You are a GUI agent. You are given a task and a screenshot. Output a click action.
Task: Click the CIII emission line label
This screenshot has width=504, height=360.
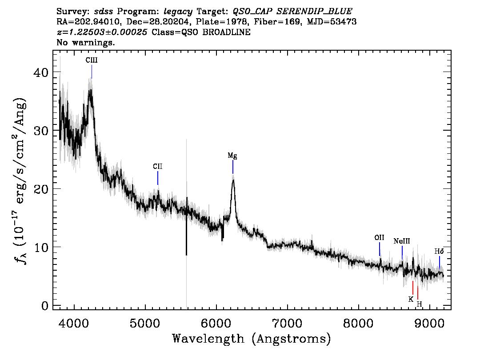click(92, 60)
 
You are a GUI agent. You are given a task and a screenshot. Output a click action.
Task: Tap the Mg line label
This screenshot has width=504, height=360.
click(232, 156)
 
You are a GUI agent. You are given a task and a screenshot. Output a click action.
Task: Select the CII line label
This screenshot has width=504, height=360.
click(157, 167)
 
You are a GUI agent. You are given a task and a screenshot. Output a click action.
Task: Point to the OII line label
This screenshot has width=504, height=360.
click(379, 237)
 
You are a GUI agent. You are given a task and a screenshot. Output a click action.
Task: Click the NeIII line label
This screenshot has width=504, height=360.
click(402, 241)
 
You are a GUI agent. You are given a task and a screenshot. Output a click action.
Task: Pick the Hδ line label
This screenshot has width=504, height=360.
click(439, 251)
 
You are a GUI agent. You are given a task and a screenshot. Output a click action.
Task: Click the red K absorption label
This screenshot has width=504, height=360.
click(411, 299)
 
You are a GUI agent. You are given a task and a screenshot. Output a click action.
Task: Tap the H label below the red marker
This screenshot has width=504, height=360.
click(420, 304)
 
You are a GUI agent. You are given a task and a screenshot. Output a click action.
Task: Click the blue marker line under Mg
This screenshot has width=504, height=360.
click(233, 167)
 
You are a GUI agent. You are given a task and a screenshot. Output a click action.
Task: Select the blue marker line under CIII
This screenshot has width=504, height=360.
click(92, 72)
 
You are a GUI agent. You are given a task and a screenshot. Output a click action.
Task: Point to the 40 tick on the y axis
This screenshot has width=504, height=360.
click(41, 72)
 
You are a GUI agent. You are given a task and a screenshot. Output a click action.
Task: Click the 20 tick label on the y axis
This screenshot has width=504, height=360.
click(41, 189)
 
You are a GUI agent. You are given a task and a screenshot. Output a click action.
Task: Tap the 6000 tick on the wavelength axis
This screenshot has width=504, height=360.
click(216, 323)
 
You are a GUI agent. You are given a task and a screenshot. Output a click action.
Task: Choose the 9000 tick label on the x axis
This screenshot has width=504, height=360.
click(429, 323)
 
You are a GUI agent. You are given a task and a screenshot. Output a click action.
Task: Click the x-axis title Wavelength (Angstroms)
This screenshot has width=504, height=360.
click(252, 339)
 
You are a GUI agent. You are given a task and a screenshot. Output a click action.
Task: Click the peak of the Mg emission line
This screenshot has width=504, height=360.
click(233, 180)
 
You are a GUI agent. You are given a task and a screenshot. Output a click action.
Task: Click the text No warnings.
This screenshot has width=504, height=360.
click(85, 42)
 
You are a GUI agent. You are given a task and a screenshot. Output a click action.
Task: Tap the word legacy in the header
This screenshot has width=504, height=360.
click(178, 12)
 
